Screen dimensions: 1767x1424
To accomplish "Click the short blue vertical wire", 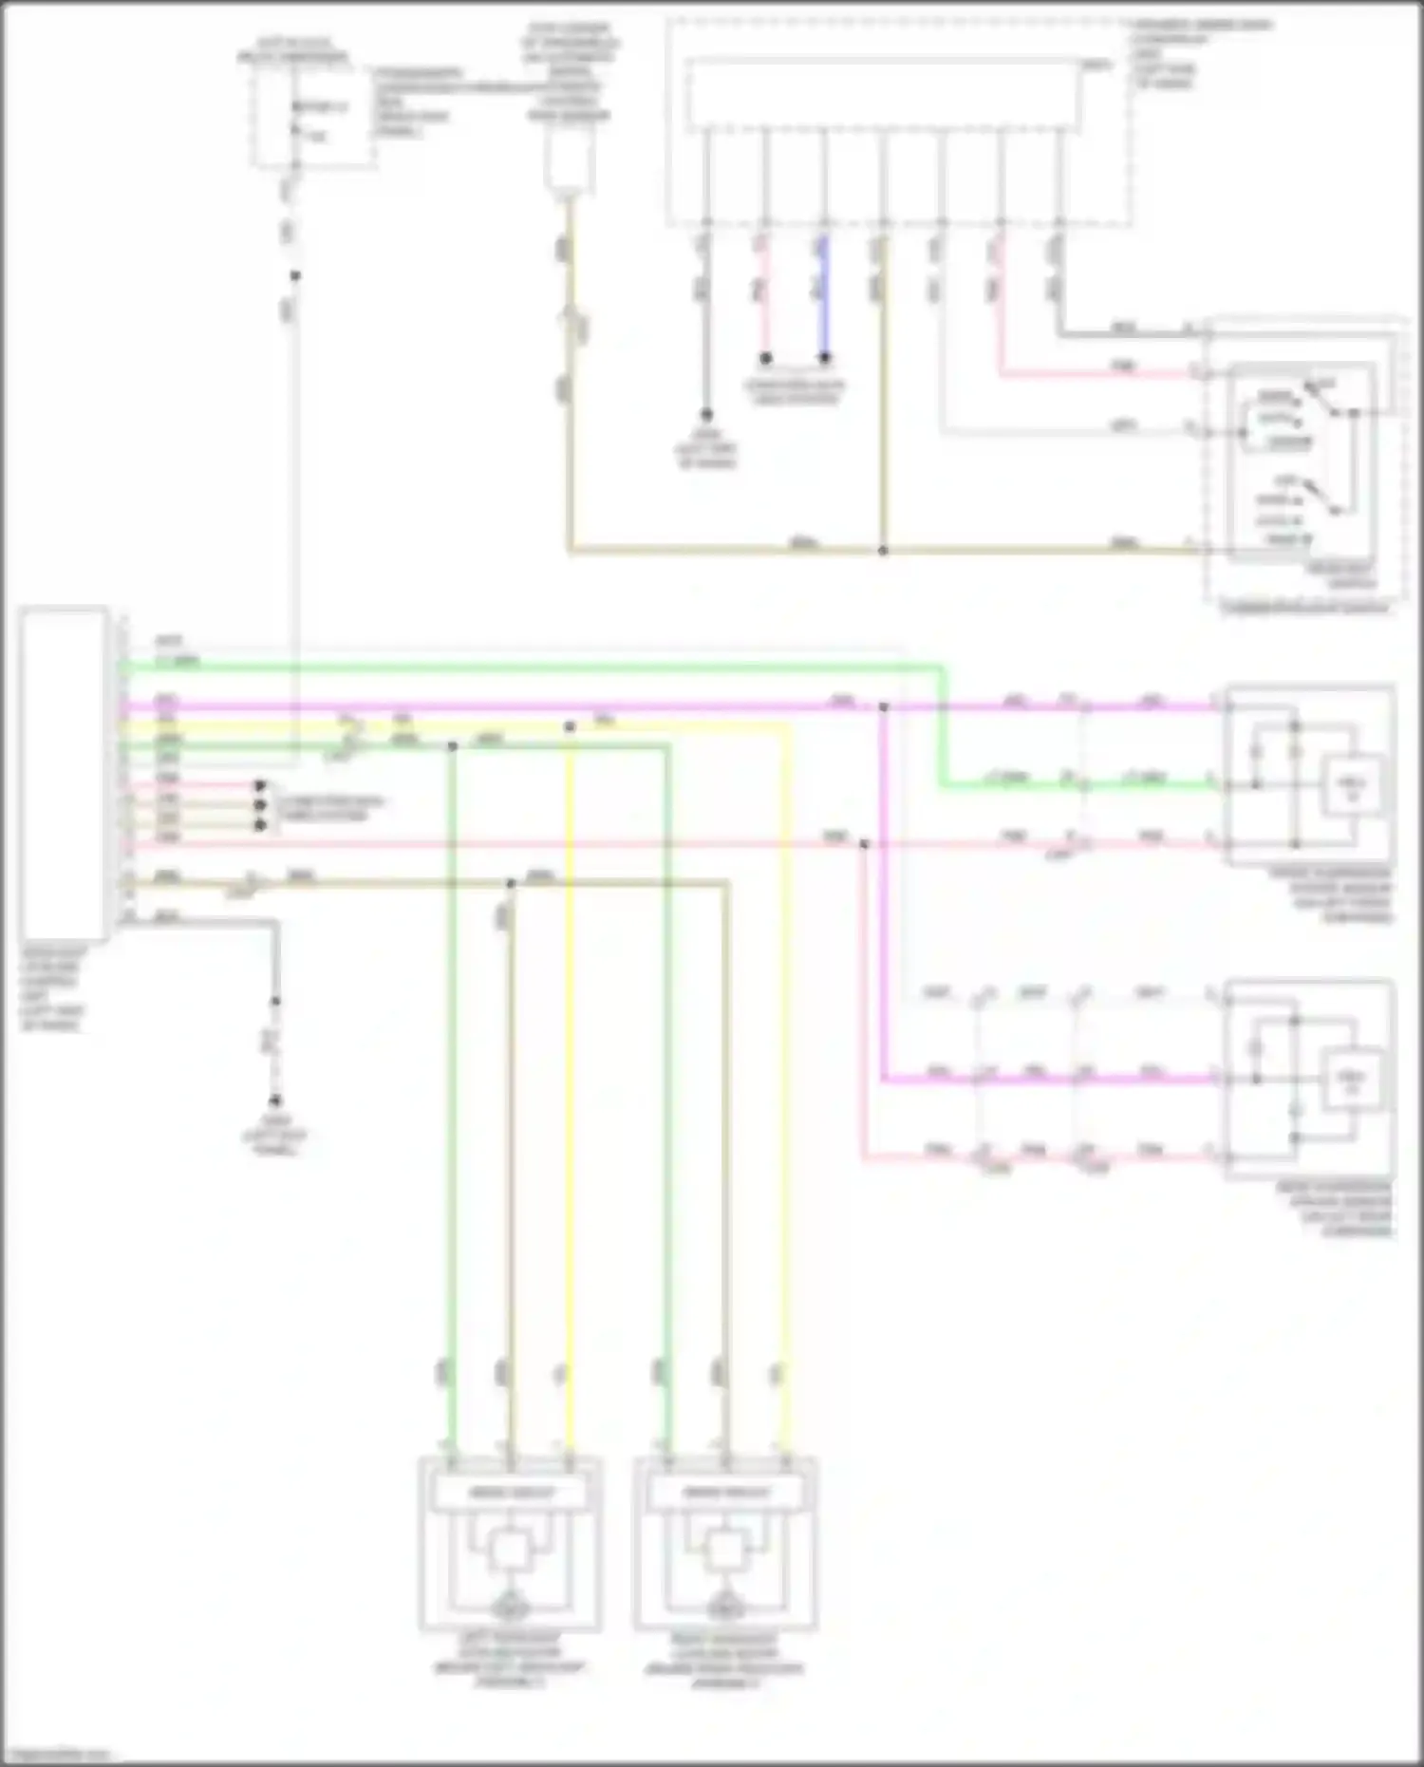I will (x=824, y=294).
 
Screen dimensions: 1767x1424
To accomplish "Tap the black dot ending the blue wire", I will (x=825, y=358).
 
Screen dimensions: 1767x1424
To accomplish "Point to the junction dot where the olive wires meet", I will (x=883, y=550).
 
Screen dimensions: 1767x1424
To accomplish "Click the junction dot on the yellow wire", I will (x=570, y=727).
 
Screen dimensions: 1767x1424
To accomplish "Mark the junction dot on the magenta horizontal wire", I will (x=883, y=707).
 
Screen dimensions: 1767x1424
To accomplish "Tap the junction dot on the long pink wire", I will (x=863, y=843).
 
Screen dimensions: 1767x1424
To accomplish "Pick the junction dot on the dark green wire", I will (x=452, y=746).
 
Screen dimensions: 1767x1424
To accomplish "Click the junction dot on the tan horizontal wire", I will (x=511, y=884).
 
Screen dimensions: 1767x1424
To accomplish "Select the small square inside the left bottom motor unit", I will (x=511, y=1551).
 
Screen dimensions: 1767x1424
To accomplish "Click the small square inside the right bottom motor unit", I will (x=726, y=1551).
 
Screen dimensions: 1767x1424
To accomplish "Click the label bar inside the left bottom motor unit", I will (x=511, y=1494).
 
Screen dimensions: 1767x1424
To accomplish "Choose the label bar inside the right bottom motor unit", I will (x=726, y=1494).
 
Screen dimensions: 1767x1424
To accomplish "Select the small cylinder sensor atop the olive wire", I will (x=568, y=163).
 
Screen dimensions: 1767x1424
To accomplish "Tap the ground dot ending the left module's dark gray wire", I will (x=275, y=1100).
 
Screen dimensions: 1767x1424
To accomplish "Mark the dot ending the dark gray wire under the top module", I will (x=706, y=415).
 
